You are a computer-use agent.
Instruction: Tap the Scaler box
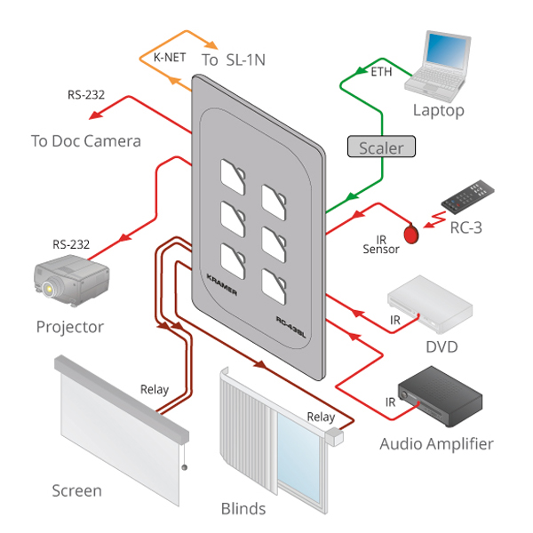click(381, 148)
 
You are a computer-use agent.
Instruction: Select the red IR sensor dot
click(411, 235)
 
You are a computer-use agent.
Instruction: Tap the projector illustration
click(71, 280)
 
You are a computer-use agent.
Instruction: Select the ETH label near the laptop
click(381, 73)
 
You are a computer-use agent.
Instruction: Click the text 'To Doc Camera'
click(85, 140)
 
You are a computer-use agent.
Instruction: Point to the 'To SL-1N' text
click(234, 60)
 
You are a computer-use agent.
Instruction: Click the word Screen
click(76, 490)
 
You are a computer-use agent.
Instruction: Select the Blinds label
click(243, 509)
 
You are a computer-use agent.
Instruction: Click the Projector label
click(69, 327)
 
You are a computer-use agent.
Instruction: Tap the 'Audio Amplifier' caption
click(436, 443)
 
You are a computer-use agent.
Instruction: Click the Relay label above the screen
click(155, 389)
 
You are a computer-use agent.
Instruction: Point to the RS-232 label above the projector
click(71, 244)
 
